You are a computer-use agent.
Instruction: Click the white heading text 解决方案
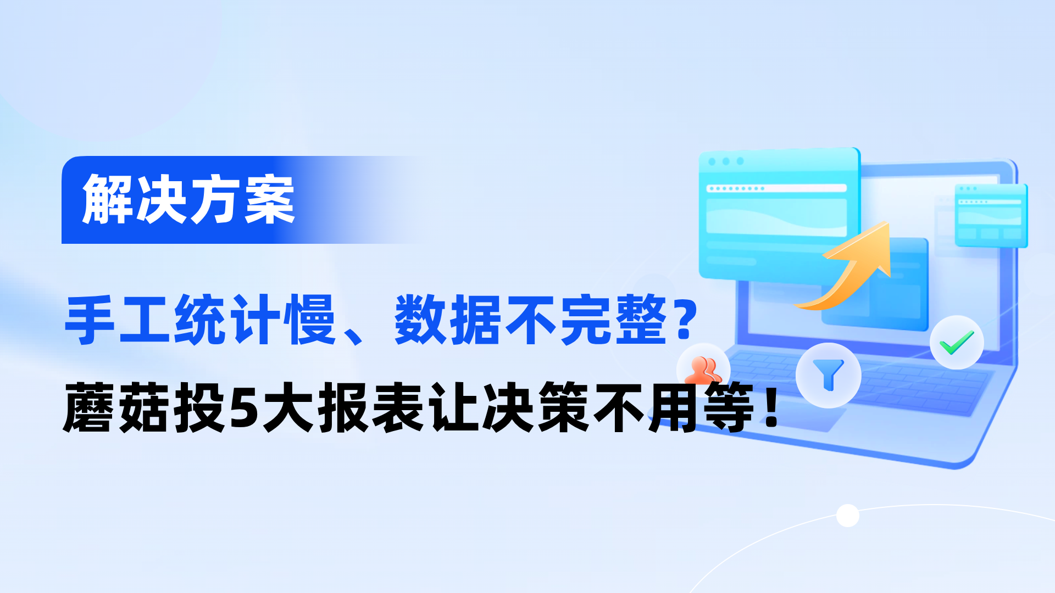(188, 199)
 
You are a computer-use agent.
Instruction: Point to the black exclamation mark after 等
(772, 407)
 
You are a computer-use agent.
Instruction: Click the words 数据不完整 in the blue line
(531, 320)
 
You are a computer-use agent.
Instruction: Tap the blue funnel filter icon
(828, 375)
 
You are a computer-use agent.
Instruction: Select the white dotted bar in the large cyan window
(776, 188)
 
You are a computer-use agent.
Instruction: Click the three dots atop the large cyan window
(726, 161)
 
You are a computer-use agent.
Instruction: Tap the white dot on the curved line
(847, 516)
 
